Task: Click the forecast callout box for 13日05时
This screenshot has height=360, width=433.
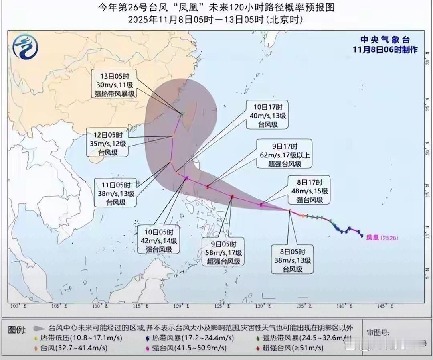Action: click(x=113, y=84)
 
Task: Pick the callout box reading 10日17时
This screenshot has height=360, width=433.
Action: click(x=268, y=115)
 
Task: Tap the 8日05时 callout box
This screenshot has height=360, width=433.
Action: click(x=292, y=260)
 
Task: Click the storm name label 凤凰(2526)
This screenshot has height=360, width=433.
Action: click(x=382, y=238)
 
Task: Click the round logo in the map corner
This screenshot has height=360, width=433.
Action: click(x=25, y=47)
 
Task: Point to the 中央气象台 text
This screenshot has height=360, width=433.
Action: click(x=385, y=40)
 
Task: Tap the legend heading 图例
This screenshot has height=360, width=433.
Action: click(x=17, y=330)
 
